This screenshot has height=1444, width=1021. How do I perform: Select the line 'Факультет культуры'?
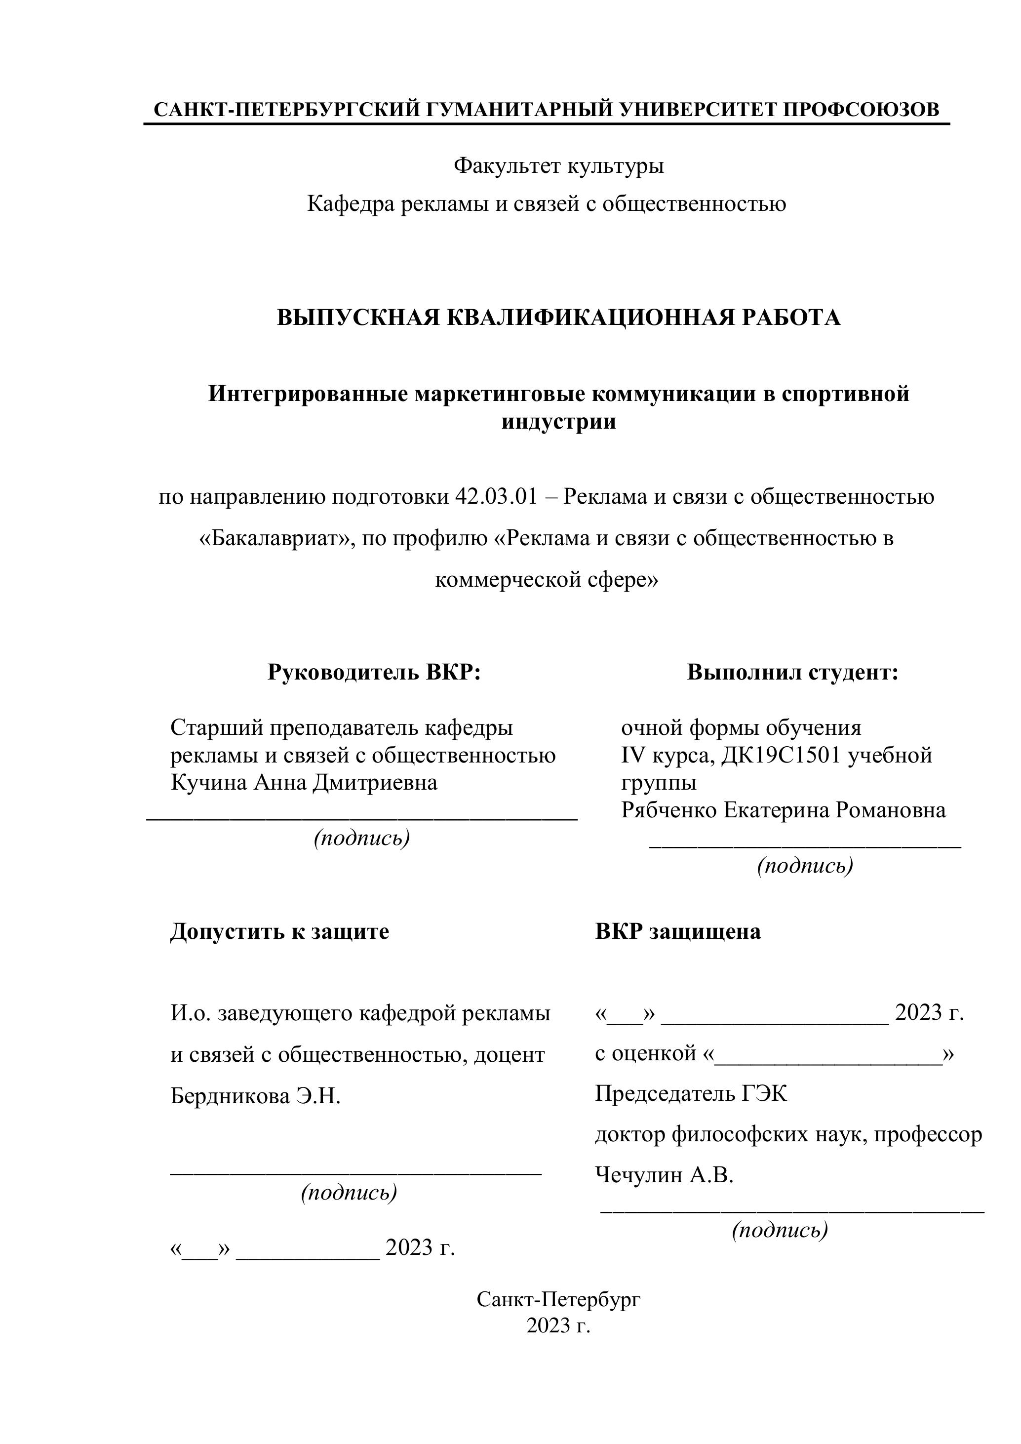pos(558,166)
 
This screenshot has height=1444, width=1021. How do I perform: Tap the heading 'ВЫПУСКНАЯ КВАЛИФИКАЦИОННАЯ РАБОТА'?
pos(558,317)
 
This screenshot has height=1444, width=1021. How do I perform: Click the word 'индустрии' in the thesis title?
pos(558,421)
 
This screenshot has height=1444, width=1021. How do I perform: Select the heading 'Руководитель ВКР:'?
pos(374,672)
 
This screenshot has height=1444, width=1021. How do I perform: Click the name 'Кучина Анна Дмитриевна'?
pos(304,783)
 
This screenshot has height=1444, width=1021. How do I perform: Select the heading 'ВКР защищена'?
pos(678,931)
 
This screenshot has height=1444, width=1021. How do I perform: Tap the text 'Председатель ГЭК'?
pos(690,1094)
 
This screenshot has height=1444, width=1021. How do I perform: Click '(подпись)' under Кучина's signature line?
pos(361,839)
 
